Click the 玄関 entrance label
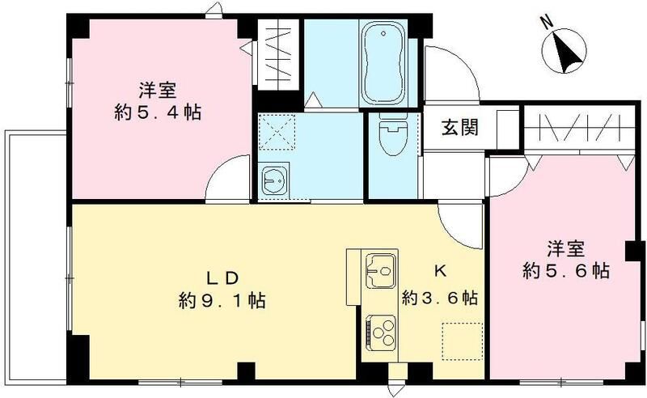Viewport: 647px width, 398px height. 458,127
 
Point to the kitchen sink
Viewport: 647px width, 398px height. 380,268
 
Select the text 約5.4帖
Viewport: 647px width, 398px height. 159,112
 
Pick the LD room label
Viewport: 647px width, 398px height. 220,278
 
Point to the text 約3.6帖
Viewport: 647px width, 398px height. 440,297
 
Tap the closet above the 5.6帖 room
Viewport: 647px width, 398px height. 576,129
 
